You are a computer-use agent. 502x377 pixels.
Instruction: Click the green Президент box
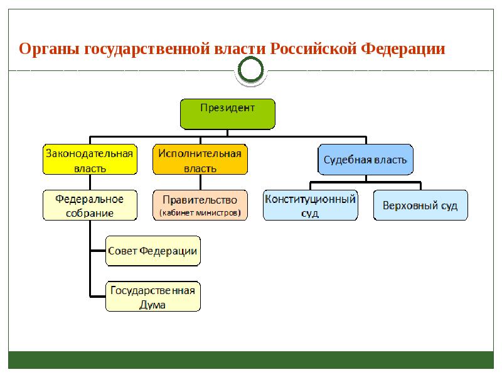228,114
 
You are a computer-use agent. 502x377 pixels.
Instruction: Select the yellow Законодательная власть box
90,160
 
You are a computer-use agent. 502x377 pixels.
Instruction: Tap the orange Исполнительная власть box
200,160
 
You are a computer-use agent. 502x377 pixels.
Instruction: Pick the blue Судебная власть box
365,160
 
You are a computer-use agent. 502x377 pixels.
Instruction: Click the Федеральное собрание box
90,205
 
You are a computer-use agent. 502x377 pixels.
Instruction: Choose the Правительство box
200,205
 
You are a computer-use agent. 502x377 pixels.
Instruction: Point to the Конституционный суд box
310,205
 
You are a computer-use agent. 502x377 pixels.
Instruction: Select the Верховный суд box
420,205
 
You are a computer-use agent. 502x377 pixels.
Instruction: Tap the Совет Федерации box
153,251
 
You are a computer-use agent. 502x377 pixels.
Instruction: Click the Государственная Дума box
153,297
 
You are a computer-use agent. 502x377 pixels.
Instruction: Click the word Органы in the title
49,50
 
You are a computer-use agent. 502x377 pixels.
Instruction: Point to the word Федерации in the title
403,49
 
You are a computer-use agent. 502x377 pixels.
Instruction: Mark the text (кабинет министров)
200,213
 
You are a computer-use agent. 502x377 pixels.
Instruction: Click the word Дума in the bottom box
152,304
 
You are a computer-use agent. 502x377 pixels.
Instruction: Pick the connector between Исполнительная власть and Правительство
200,182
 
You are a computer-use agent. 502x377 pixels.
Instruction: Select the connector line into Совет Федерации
99,251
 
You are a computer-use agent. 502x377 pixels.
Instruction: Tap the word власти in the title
240,49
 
